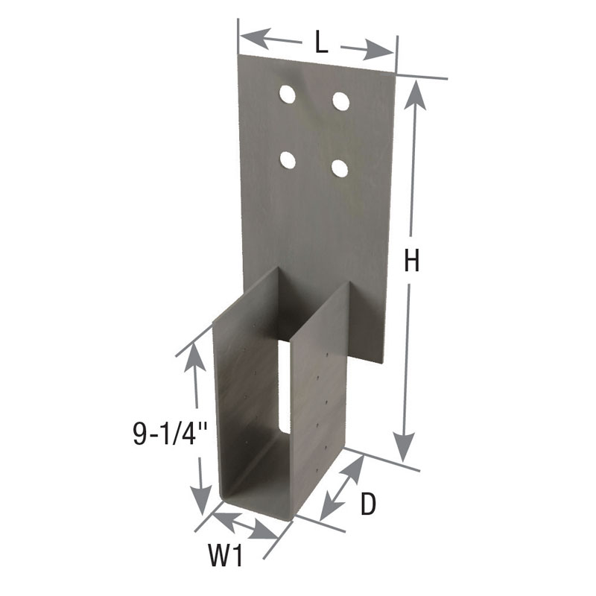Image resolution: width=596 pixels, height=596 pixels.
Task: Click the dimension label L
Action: tap(320, 42)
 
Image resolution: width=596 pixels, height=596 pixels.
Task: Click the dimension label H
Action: tap(412, 261)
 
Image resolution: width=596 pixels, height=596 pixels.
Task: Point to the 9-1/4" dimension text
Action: tap(160, 434)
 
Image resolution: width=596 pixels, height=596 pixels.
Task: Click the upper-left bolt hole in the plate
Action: tap(287, 94)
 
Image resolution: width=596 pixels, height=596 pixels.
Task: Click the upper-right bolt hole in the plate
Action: tap(341, 101)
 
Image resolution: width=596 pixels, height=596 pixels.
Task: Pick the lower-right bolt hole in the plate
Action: tap(339, 168)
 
